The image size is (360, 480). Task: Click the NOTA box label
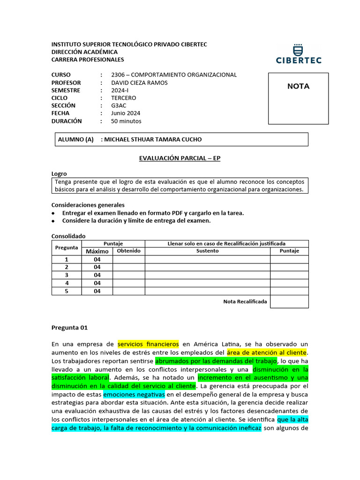pyautogui.click(x=298, y=86)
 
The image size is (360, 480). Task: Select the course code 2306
pyautogui.click(x=119, y=75)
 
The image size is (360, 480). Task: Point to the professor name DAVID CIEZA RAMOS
pyautogui.click(x=139, y=82)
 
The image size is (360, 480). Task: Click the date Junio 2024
pyautogui.click(x=126, y=113)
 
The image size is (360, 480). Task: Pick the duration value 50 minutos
pyautogui.click(x=126, y=121)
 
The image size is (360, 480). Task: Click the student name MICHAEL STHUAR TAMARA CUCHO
pyautogui.click(x=153, y=140)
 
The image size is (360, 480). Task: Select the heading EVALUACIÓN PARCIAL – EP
pyautogui.click(x=180, y=158)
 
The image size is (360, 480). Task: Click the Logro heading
pyautogui.click(x=59, y=173)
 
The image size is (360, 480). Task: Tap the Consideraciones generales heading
pyautogui.click(x=88, y=205)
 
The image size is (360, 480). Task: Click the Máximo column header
pyautogui.click(x=97, y=251)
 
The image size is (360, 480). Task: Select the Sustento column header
pyautogui.click(x=207, y=251)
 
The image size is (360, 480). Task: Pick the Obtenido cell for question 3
pyautogui.click(x=128, y=275)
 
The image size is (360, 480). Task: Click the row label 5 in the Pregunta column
pyautogui.click(x=67, y=291)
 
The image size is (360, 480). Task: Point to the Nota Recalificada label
pyautogui.click(x=245, y=301)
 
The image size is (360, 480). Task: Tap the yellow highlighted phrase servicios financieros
pyautogui.click(x=148, y=344)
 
